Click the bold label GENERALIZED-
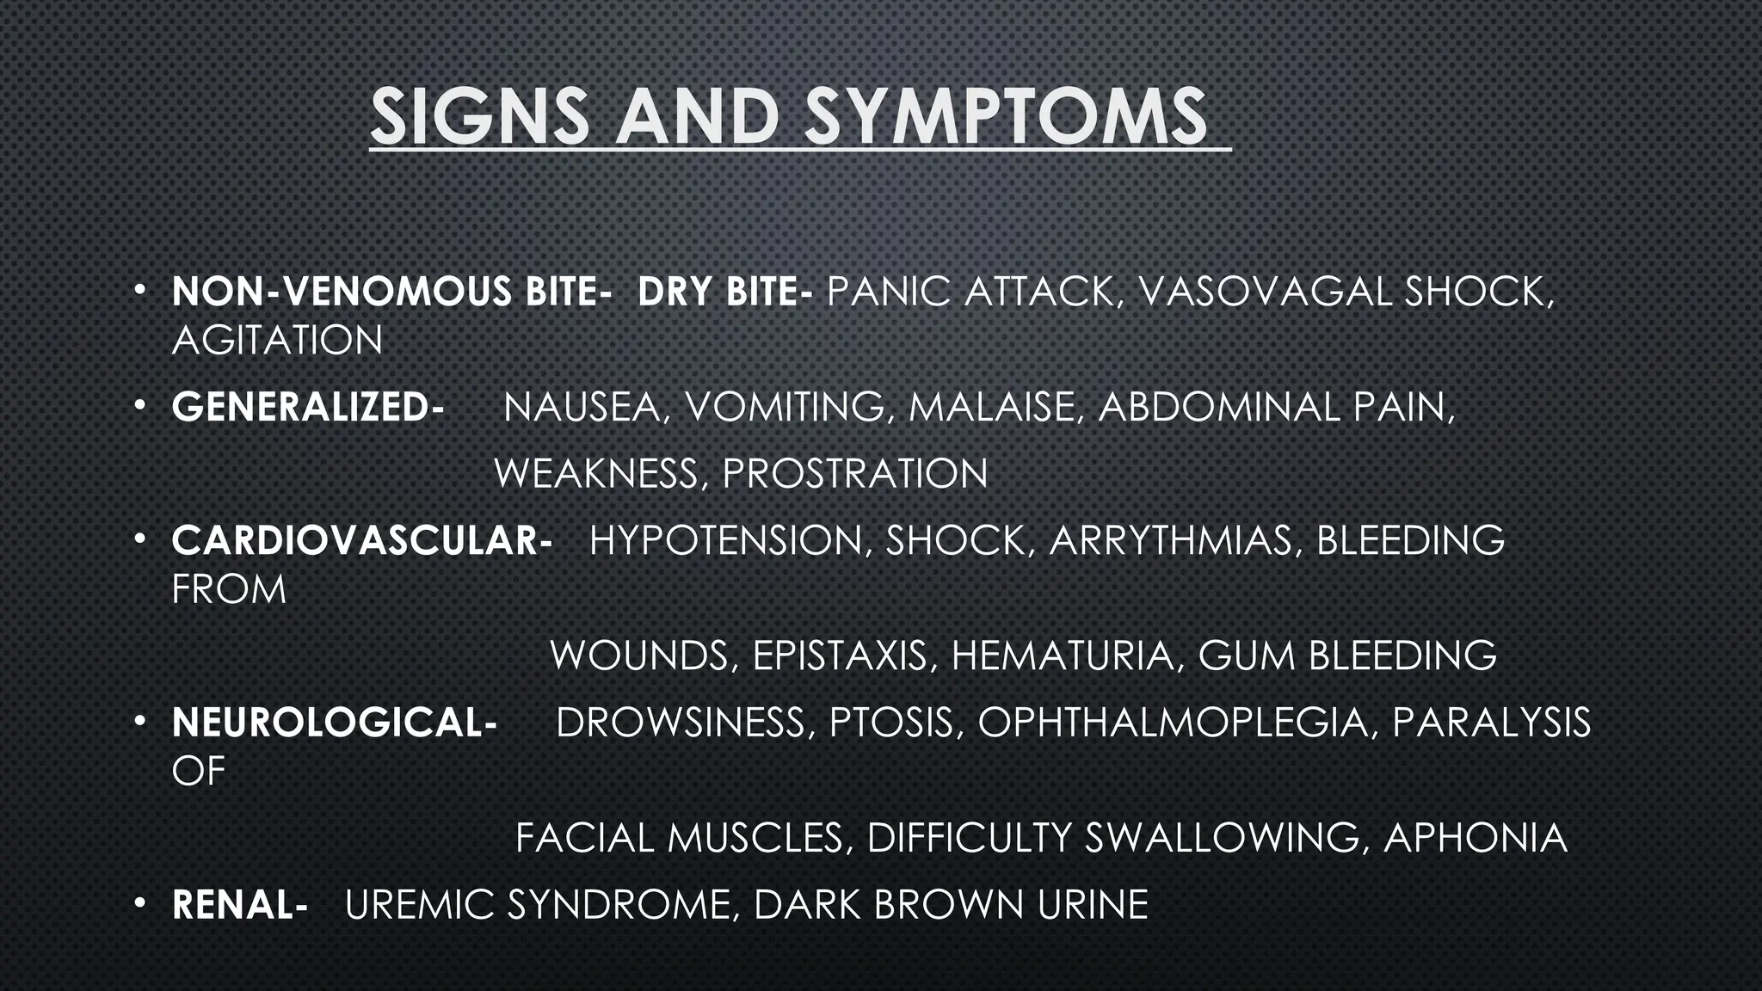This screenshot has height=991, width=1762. point(307,407)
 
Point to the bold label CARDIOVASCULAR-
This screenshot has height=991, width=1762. point(361,540)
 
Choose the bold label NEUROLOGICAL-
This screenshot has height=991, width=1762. point(334,723)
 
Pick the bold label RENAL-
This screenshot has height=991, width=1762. point(239,905)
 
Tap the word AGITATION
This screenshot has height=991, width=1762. point(277,340)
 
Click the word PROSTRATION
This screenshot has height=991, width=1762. point(854,473)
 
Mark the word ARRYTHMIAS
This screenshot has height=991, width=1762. point(1171,540)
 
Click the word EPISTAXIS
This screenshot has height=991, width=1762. point(840,656)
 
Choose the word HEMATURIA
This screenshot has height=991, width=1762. point(1063,656)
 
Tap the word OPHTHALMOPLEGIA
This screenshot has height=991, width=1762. point(1173,723)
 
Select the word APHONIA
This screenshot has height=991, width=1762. point(1475,838)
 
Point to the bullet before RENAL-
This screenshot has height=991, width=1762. point(139,903)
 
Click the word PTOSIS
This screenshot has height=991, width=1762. point(891,723)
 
